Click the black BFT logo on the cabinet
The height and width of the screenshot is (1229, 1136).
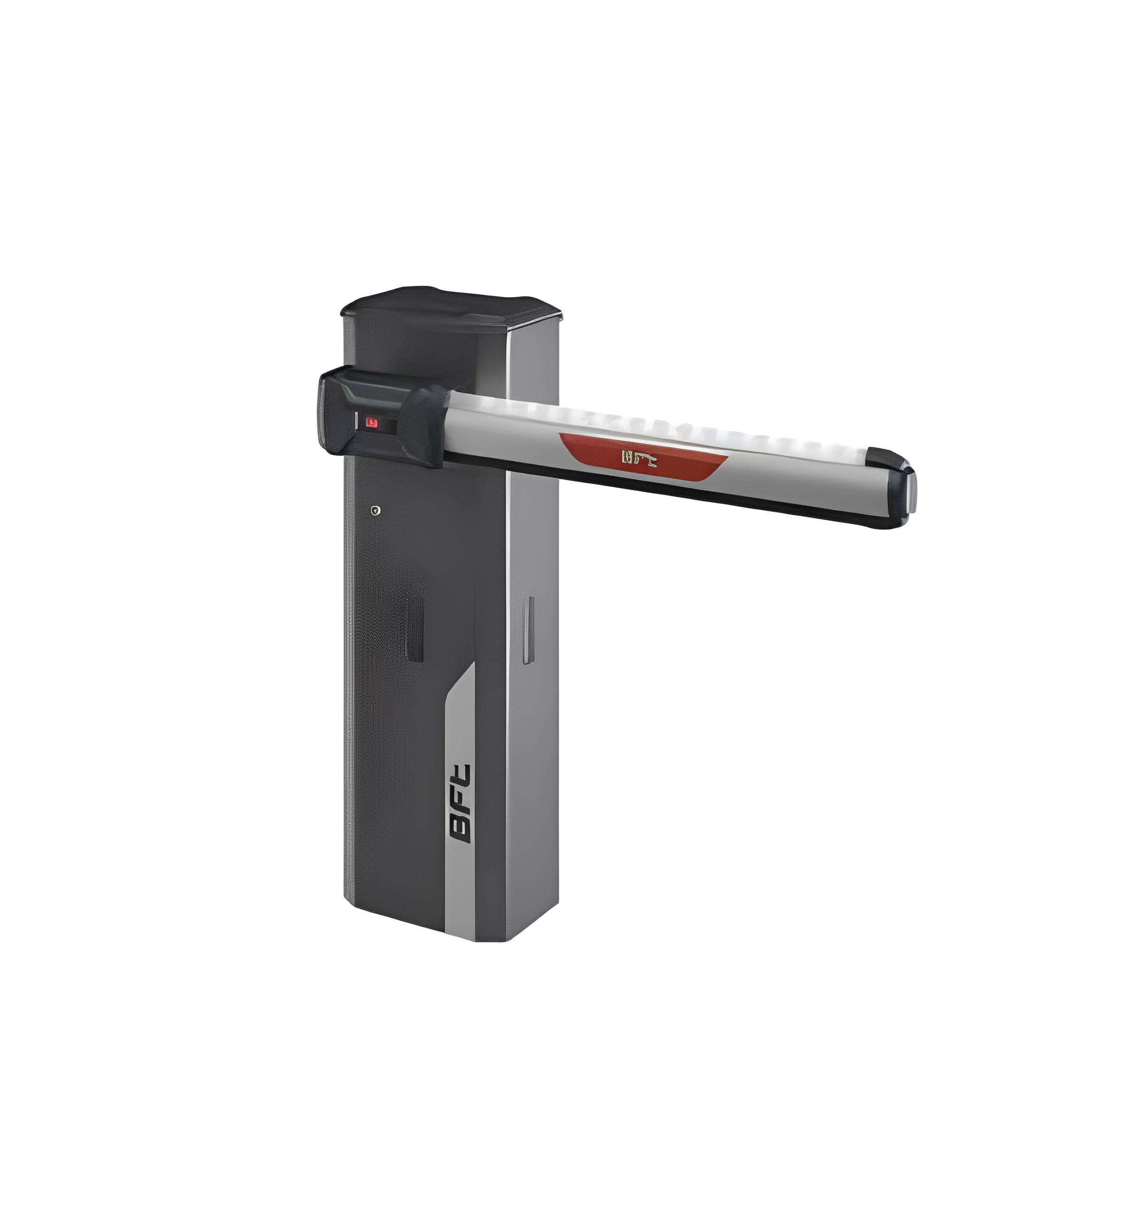tap(461, 803)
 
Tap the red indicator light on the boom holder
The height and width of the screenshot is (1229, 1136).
tap(371, 422)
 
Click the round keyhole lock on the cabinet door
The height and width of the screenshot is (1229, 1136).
tap(376, 509)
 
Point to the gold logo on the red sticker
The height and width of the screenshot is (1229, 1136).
tap(638, 457)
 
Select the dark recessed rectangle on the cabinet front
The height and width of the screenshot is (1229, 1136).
tap(414, 624)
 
